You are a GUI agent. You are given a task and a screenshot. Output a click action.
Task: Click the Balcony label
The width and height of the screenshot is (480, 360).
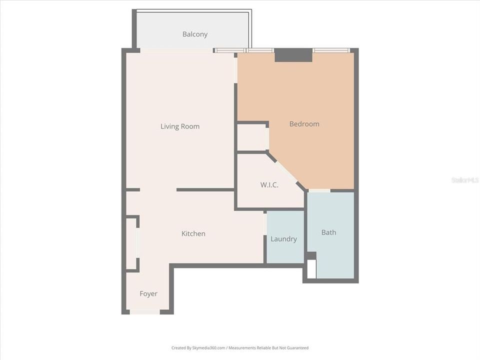[194, 34]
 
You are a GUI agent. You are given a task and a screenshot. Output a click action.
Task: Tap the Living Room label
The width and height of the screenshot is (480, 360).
[179, 126]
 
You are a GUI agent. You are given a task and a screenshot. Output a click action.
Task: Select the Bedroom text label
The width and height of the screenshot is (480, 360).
[304, 124]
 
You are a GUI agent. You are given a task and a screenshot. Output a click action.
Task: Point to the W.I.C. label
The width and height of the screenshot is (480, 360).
[269, 185]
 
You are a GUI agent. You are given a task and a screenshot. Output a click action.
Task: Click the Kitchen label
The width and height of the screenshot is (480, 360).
[193, 233]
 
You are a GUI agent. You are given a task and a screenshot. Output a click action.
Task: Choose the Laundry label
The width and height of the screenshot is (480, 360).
[283, 239]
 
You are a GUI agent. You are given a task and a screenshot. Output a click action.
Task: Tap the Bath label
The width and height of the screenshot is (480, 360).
[328, 232]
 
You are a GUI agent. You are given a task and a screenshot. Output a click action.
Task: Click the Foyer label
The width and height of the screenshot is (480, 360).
[148, 293]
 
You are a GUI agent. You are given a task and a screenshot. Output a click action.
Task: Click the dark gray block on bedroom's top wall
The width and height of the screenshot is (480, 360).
[293, 55]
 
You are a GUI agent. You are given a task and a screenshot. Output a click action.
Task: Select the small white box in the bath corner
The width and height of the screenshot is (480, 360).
[311, 269]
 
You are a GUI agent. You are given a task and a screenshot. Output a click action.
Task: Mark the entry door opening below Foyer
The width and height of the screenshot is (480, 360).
[144, 312]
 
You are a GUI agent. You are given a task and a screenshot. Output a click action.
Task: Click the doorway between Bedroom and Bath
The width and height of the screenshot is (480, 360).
[319, 190]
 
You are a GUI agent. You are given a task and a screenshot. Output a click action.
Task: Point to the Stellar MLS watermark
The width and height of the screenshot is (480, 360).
[464, 179]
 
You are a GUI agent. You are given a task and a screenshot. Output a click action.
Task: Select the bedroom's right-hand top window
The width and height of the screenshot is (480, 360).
[331, 50]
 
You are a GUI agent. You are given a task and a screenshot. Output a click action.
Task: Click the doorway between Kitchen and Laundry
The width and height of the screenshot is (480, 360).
[265, 223]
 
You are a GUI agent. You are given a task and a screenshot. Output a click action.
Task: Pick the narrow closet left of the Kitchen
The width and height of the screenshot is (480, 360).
[131, 243]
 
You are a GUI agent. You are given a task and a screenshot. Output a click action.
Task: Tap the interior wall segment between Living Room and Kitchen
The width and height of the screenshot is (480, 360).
[205, 189]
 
